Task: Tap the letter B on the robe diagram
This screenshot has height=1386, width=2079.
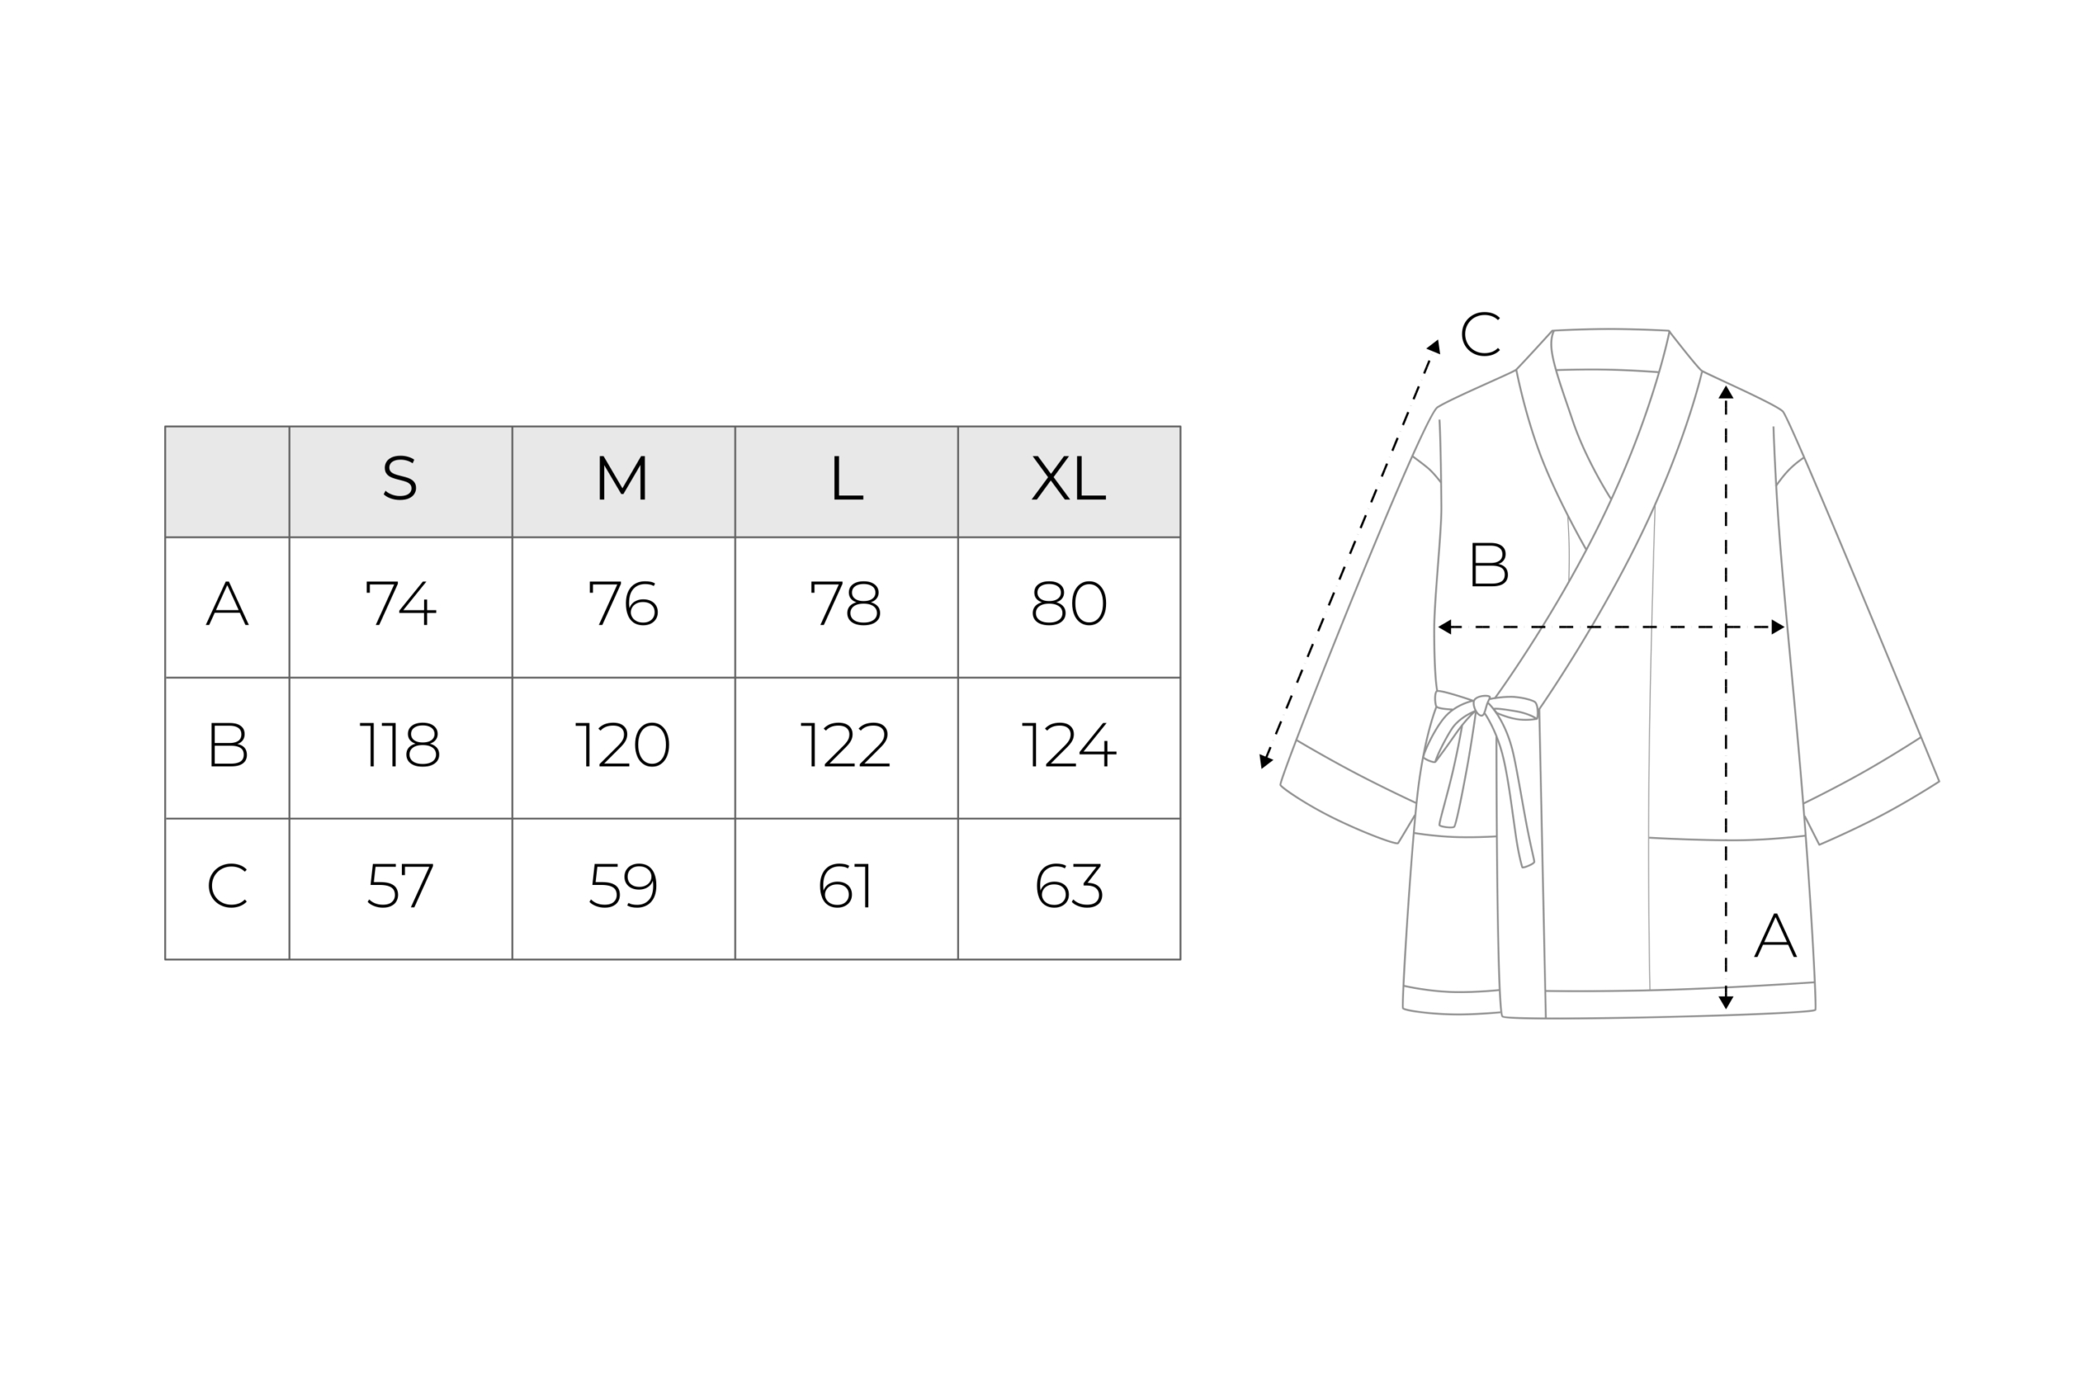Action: pyautogui.click(x=1489, y=564)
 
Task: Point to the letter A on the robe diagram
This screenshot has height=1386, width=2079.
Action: pyautogui.click(x=1775, y=935)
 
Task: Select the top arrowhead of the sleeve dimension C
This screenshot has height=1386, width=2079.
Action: pyautogui.click(x=1433, y=347)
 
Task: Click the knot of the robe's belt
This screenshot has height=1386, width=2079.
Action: pyautogui.click(x=1481, y=705)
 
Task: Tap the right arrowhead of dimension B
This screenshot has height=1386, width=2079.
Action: pyautogui.click(x=1778, y=628)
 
